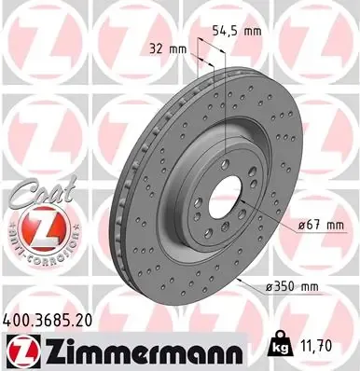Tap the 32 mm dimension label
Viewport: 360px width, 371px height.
[x=168, y=47]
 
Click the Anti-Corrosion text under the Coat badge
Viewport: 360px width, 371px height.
[x=36, y=253]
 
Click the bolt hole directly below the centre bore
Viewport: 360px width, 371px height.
[x=224, y=227]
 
